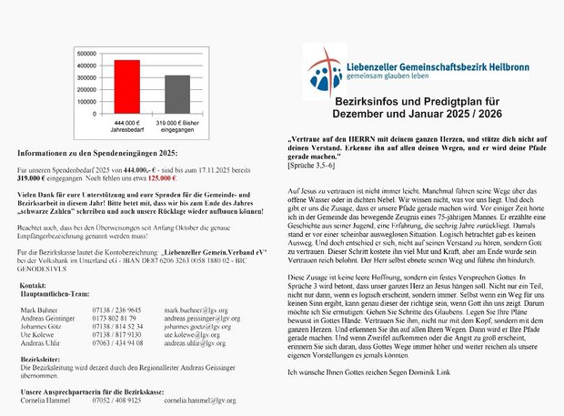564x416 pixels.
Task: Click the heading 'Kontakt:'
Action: coord(34,285)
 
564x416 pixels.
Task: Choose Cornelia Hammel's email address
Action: coord(200,400)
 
